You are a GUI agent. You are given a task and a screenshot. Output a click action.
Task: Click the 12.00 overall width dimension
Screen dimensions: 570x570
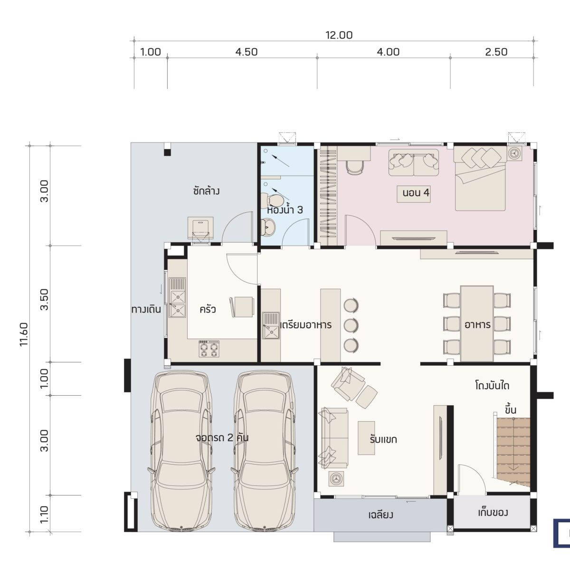tap(339, 35)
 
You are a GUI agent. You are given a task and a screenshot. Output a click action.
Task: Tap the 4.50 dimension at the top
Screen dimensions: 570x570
tap(247, 52)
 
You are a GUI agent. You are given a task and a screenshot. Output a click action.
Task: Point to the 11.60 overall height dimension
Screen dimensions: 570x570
tap(24, 334)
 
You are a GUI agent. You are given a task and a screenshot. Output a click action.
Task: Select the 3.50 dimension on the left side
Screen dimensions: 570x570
tap(44, 299)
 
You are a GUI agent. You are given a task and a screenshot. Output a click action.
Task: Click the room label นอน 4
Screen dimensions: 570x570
tap(416, 193)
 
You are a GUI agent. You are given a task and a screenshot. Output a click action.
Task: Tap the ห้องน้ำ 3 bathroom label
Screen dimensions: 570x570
tap(285, 209)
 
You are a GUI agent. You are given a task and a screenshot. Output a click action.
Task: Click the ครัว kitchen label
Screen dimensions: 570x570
tap(208, 309)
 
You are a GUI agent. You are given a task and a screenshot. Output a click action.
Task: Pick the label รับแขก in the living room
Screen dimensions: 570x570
tap(383, 439)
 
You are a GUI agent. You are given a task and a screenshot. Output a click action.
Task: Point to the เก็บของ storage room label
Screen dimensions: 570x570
tap(493, 513)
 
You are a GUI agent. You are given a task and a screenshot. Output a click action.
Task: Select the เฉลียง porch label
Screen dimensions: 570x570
tap(380, 515)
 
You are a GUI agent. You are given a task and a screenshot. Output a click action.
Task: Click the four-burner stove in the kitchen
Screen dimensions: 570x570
tap(209, 349)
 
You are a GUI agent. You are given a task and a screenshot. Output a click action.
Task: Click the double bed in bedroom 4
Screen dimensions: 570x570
tap(480, 179)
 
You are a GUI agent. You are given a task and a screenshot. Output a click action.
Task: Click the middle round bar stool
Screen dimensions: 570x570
tap(351, 325)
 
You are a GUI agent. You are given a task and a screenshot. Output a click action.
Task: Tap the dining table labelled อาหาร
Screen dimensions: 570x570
tap(477, 323)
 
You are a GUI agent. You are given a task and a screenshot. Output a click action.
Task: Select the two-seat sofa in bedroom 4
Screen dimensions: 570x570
tap(414, 163)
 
